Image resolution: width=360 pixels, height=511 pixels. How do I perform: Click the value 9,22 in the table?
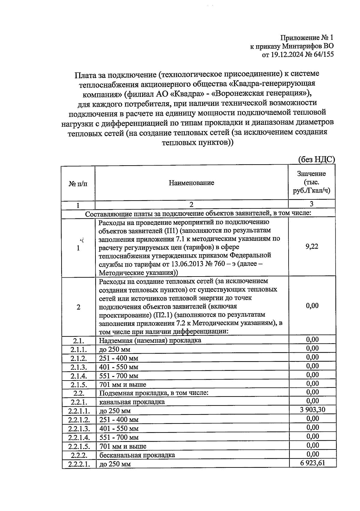click(311, 247)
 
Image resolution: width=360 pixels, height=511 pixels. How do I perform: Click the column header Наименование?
click(191, 183)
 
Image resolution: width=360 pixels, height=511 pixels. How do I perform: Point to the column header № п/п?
click(78, 184)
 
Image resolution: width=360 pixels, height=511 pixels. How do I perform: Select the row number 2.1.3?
click(79, 367)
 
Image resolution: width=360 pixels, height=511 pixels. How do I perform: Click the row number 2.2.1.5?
click(79, 446)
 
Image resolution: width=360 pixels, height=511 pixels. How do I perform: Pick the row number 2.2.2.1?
click(79, 464)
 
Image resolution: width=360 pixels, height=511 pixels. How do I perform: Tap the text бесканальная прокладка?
click(137, 455)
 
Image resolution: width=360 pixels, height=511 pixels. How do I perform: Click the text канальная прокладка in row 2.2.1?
click(132, 402)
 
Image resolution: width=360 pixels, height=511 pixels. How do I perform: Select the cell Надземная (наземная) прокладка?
click(150, 340)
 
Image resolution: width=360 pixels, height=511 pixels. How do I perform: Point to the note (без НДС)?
click(316, 160)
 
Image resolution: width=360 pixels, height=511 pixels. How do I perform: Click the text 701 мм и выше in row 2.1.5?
click(123, 384)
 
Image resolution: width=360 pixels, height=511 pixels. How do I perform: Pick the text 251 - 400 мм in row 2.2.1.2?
click(118, 420)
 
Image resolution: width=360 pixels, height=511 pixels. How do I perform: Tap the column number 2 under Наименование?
click(191, 205)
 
